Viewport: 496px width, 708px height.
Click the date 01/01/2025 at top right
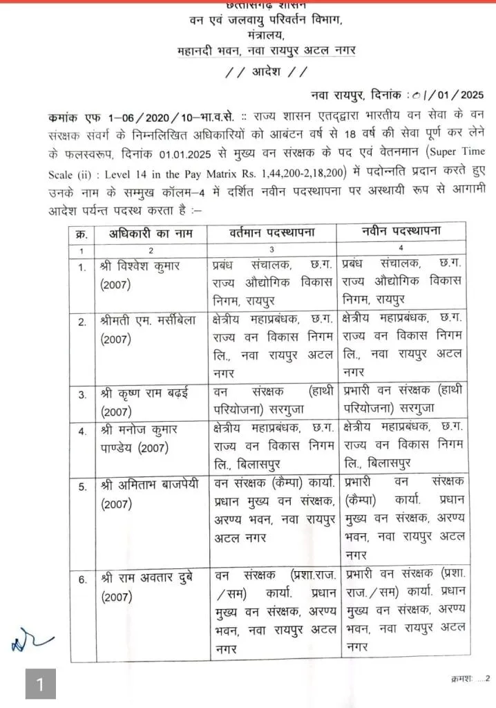450,95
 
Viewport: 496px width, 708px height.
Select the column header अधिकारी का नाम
150,234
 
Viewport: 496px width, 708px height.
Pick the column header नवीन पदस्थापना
403,232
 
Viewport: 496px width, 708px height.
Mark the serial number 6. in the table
82,579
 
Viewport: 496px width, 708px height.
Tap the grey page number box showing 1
41,684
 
